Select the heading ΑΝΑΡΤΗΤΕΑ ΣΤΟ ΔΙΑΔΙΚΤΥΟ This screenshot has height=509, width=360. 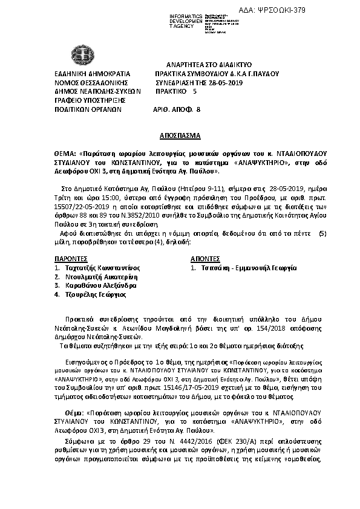(209, 64)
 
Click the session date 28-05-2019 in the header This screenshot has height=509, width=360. (225, 82)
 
